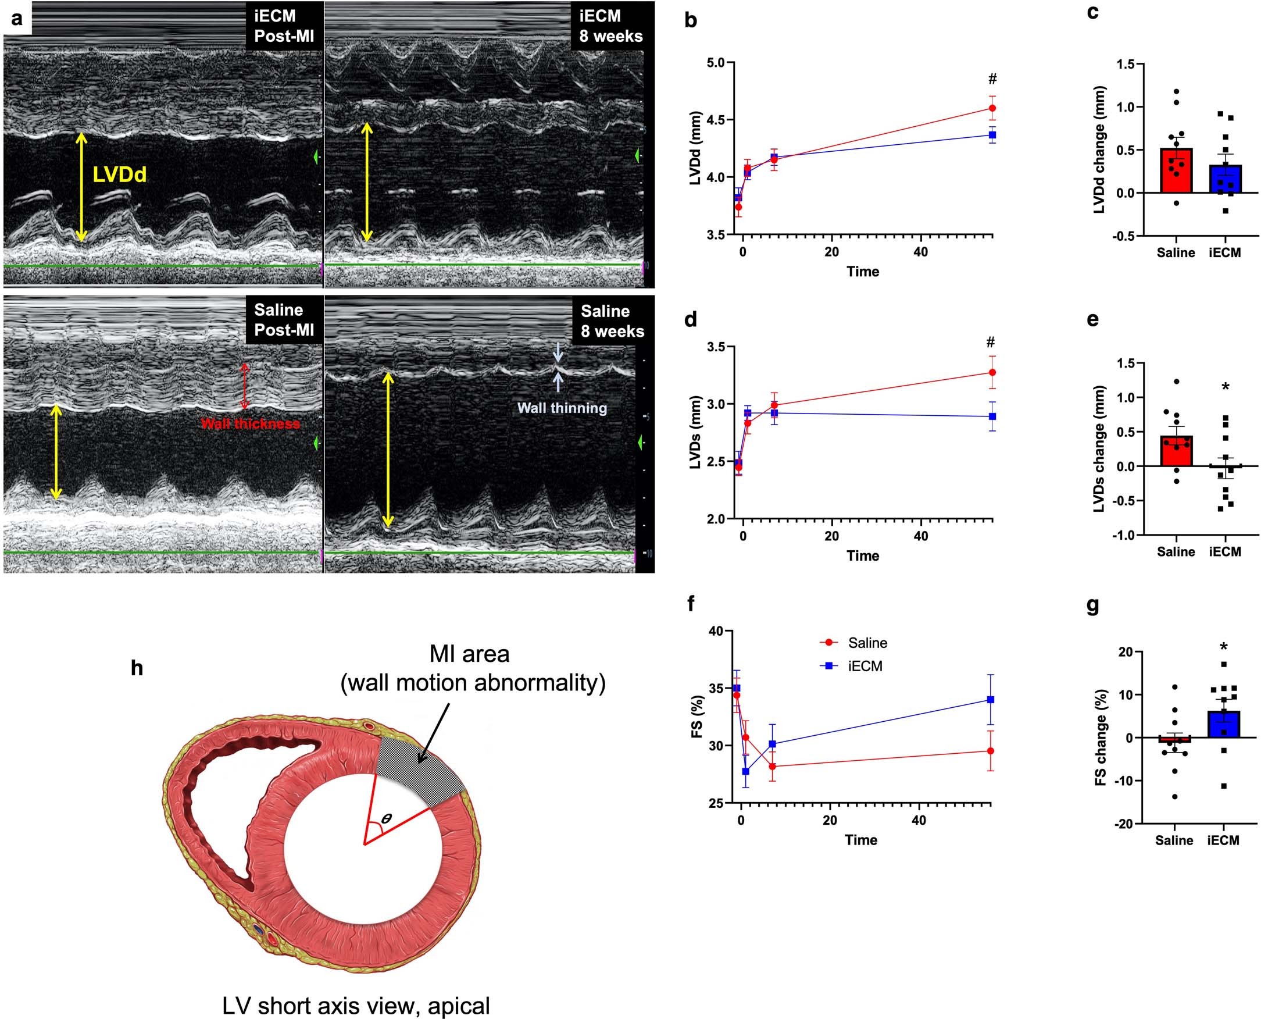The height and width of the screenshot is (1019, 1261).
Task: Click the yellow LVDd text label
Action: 120,174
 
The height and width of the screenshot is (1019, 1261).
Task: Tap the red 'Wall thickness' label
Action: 250,423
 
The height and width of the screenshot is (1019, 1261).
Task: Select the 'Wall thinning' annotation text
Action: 562,408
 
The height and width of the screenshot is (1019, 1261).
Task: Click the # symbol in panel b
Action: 992,79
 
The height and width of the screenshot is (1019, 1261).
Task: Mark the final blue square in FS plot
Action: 991,700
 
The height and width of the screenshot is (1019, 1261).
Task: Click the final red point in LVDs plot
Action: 992,372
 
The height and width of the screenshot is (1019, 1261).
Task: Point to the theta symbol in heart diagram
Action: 386,818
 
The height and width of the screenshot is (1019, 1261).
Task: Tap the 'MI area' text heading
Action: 469,653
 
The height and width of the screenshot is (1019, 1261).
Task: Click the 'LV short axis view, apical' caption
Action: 356,1006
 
